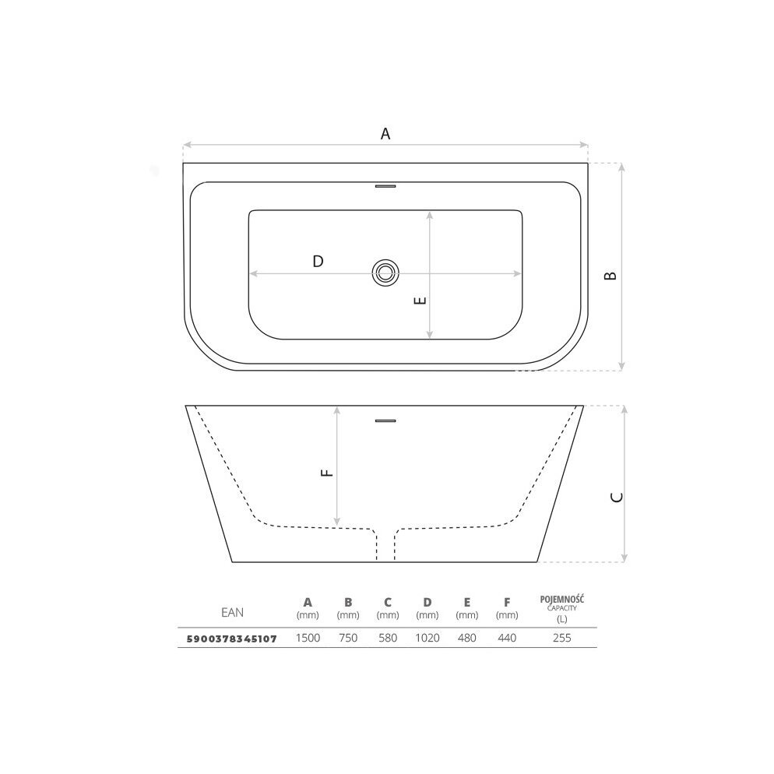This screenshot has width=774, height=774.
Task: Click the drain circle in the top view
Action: (385, 273)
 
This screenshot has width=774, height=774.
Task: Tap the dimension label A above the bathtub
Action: (385, 133)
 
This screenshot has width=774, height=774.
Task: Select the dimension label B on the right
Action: (610, 276)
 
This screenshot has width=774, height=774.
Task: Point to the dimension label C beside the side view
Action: (617, 497)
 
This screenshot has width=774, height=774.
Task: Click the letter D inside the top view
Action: (318, 261)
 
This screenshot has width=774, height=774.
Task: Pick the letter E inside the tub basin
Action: (420, 300)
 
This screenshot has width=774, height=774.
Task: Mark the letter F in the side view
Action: (327, 473)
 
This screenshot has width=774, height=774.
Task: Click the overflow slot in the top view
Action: (385, 186)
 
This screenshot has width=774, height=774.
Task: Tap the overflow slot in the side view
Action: (385, 420)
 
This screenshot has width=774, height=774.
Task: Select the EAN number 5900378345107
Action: (231, 639)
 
